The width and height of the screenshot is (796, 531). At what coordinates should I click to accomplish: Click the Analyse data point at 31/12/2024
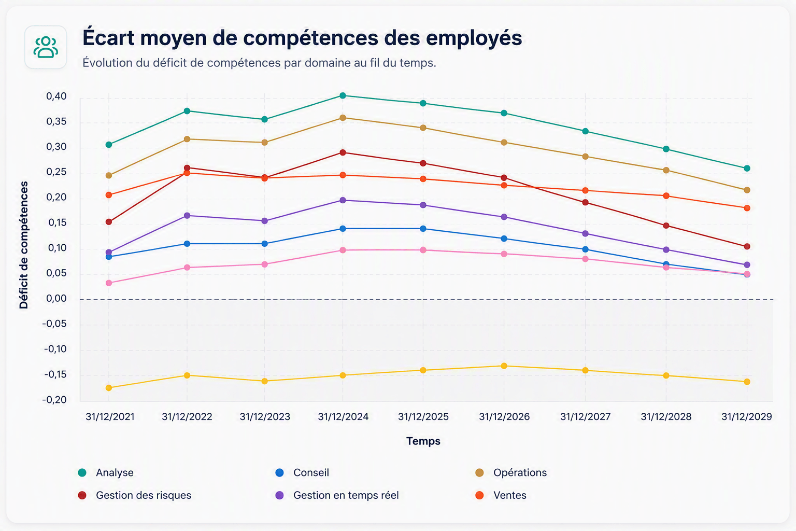(343, 95)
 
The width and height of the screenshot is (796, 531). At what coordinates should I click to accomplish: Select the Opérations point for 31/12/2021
(109, 176)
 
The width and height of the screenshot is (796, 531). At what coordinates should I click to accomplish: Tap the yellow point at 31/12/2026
(504, 366)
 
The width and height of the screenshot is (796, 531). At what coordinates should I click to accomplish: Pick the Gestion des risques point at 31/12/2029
(747, 246)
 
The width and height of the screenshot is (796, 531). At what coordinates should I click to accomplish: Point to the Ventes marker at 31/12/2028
(666, 196)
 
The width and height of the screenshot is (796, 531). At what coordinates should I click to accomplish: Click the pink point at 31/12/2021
(109, 283)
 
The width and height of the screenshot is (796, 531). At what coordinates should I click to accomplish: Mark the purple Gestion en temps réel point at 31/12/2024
(343, 200)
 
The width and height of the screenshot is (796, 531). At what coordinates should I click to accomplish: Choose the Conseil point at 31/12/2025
(423, 229)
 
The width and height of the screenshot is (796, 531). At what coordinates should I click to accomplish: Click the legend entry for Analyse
(106, 473)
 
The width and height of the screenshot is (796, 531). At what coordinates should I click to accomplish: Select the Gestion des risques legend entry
(135, 495)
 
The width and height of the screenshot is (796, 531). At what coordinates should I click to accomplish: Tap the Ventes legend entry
(501, 495)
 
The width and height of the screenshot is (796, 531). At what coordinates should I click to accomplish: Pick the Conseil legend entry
(303, 473)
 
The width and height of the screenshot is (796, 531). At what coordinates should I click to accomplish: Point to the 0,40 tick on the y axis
(56, 96)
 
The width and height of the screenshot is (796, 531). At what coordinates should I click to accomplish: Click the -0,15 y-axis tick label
(55, 374)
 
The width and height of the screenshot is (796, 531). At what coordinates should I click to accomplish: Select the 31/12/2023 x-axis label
(265, 416)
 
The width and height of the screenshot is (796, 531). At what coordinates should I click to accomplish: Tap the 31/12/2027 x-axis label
(585, 416)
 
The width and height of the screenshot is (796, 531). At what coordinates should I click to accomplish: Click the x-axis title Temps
(423, 441)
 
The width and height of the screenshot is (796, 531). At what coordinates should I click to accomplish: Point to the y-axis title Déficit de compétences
(24, 245)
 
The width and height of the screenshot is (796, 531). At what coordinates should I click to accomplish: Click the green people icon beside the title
(46, 47)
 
